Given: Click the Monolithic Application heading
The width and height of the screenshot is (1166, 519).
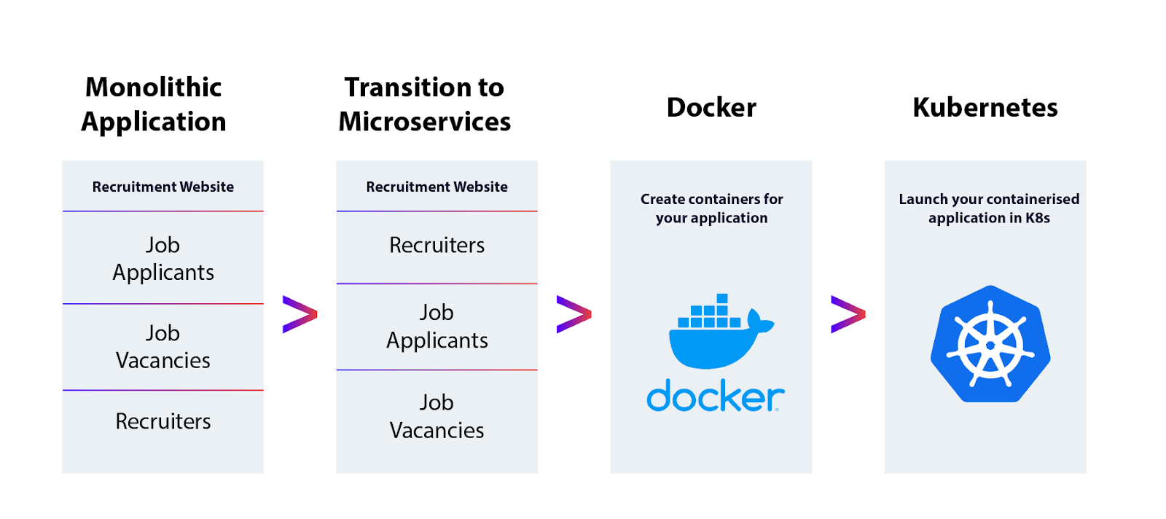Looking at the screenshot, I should pyautogui.click(x=154, y=104).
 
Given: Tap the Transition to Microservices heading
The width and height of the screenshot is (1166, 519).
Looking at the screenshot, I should pyautogui.click(x=425, y=104).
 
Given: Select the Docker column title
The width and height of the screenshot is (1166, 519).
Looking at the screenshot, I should pyautogui.click(x=711, y=107).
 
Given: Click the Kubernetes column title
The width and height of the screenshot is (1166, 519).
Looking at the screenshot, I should pyautogui.click(x=985, y=107).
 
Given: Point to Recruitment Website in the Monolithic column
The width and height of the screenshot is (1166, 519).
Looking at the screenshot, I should pyautogui.click(x=163, y=187).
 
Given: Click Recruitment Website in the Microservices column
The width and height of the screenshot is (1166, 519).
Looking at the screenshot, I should pyautogui.click(x=437, y=187).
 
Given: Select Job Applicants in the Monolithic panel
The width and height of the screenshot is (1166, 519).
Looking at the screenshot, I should pyautogui.click(x=163, y=258).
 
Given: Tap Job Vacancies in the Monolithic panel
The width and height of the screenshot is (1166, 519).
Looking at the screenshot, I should pyautogui.click(x=163, y=346).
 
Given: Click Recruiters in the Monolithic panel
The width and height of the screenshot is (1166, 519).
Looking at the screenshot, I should pyautogui.click(x=163, y=421).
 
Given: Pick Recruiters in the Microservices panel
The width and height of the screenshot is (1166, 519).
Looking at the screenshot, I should pyautogui.click(x=437, y=245).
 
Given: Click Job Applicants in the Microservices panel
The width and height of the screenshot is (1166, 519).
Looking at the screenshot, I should pyautogui.click(x=437, y=326).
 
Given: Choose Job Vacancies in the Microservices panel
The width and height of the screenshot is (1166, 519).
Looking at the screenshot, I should pyautogui.click(x=437, y=416).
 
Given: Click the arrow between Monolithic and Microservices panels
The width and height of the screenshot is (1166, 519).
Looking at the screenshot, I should pyautogui.click(x=300, y=314).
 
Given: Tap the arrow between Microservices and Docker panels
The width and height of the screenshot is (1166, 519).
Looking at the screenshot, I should pyautogui.click(x=574, y=314).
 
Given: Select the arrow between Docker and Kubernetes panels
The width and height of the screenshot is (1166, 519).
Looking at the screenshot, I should pyautogui.click(x=848, y=314).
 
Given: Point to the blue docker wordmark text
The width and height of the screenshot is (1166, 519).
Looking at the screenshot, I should pyautogui.click(x=715, y=397).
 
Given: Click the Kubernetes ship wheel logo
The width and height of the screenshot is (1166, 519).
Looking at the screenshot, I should pyautogui.click(x=990, y=344).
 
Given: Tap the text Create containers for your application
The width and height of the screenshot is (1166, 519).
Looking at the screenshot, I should pyautogui.click(x=711, y=208).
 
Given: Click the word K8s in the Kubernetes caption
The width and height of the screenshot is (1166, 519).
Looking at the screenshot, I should pyautogui.click(x=1037, y=218).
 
